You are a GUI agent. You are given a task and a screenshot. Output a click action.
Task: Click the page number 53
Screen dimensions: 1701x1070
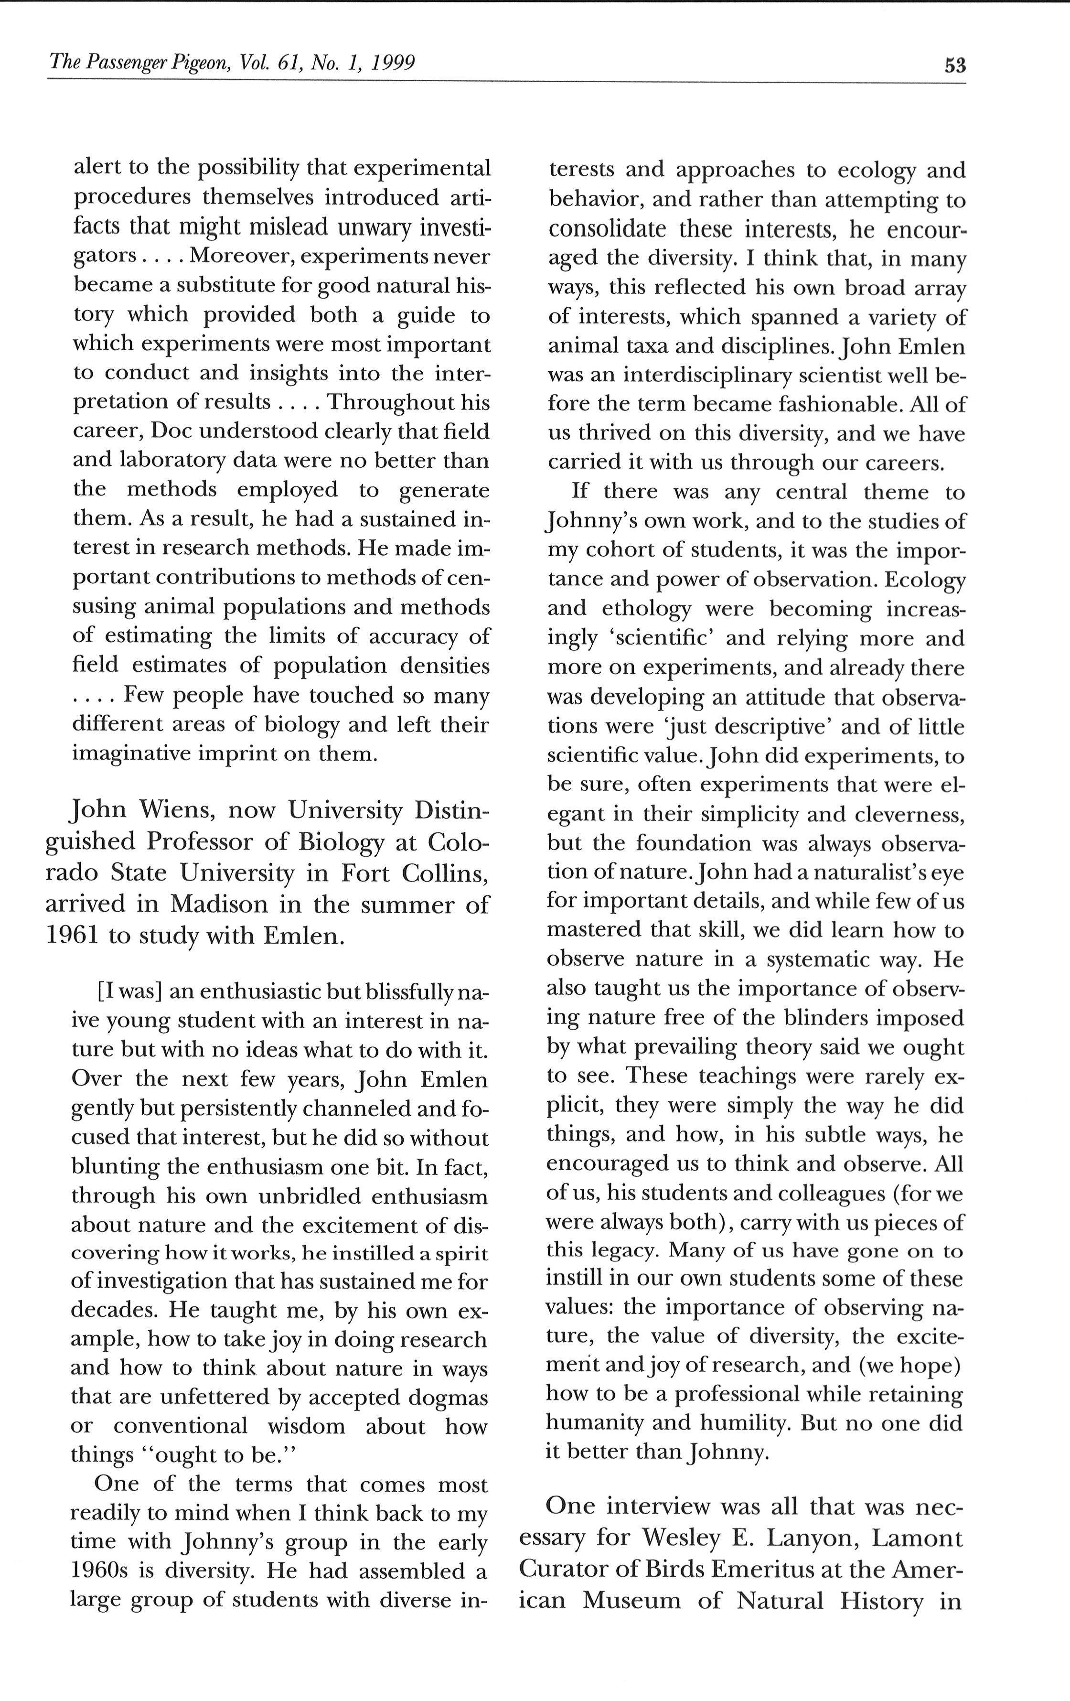pyautogui.click(x=954, y=65)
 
